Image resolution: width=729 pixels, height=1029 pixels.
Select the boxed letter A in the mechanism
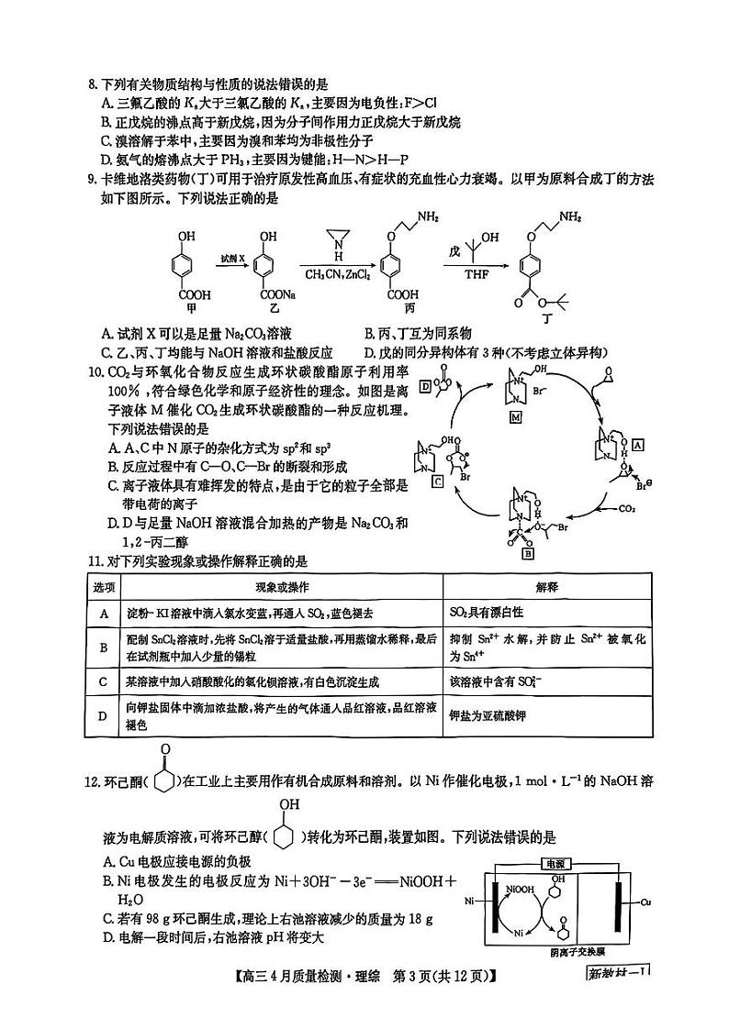click(x=639, y=445)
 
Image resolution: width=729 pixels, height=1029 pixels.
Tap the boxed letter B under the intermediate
click(x=528, y=554)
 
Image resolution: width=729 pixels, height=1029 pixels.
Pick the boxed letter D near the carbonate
click(x=424, y=389)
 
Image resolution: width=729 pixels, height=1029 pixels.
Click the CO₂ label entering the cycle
click(x=628, y=507)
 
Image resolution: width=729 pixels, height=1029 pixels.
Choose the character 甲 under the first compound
click(x=185, y=308)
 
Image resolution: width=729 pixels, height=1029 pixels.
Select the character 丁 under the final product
click(x=549, y=317)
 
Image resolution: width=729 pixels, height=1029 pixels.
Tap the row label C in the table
click(x=103, y=681)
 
